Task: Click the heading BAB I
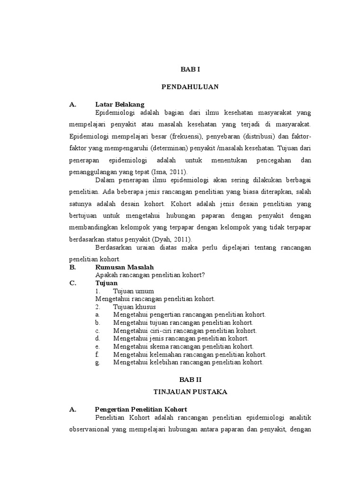(190, 69)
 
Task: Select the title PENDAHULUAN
(190, 87)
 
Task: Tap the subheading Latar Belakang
(120, 104)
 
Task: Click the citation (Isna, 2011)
(171, 172)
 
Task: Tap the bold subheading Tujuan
(106, 283)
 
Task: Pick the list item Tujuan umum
(133, 291)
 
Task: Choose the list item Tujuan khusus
(134, 307)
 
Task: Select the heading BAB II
(190, 380)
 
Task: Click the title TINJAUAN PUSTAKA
(190, 392)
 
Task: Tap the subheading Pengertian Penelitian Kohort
(141, 409)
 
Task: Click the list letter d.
(97, 338)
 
